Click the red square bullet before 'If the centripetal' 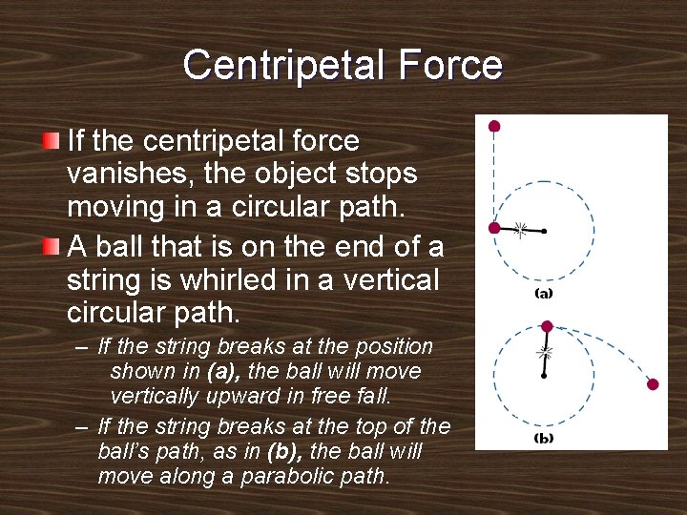52,142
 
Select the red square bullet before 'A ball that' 52,247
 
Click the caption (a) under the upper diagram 543,294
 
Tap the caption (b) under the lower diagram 543,439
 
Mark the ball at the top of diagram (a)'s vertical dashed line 494,126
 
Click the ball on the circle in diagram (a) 494,228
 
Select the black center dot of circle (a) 544,231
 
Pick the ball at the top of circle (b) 547,326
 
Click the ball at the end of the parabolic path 653,384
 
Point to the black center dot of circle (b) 544,377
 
